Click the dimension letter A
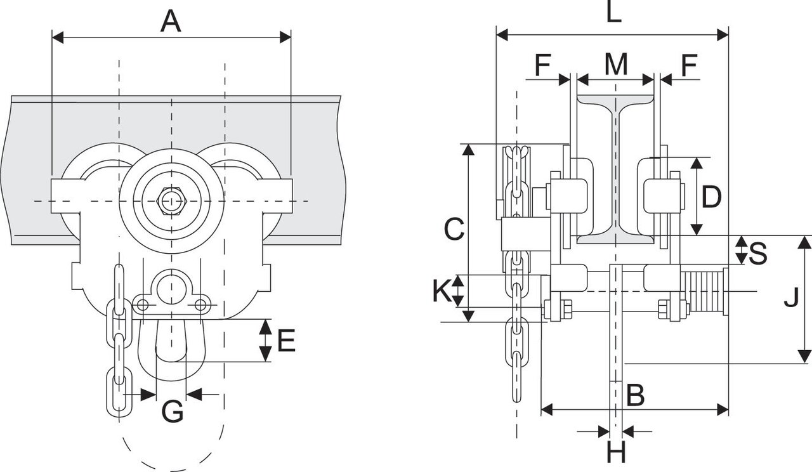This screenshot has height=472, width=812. tap(171, 21)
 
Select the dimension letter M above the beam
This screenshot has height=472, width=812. tap(616, 65)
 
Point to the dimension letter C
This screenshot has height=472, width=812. tap(454, 229)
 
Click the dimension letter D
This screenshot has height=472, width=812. tap(712, 197)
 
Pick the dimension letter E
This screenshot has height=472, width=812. tap(286, 341)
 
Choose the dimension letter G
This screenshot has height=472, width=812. tap(172, 411)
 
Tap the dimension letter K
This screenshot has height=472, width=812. tap(442, 291)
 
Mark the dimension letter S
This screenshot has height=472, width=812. tap(757, 252)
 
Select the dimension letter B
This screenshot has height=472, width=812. tap(636, 395)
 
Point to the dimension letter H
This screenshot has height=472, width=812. tap(616, 452)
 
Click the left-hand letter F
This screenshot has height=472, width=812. tap(543, 65)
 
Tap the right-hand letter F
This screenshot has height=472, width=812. tap(689, 65)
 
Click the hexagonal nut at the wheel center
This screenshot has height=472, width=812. tap(171, 201)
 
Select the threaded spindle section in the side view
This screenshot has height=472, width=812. tap(702, 291)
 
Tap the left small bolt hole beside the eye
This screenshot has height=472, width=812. tap(143, 305)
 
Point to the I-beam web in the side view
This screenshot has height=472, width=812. tap(616, 169)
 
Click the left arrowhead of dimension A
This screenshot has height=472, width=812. tap(58, 37)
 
